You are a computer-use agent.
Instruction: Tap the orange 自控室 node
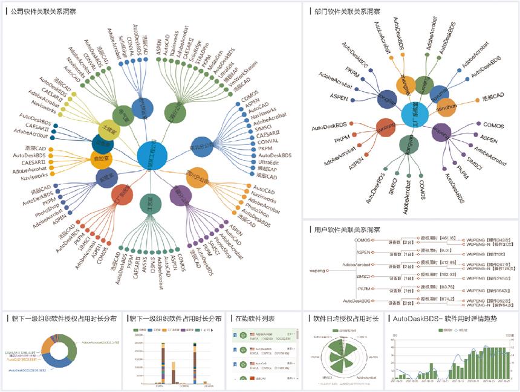[102, 159]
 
